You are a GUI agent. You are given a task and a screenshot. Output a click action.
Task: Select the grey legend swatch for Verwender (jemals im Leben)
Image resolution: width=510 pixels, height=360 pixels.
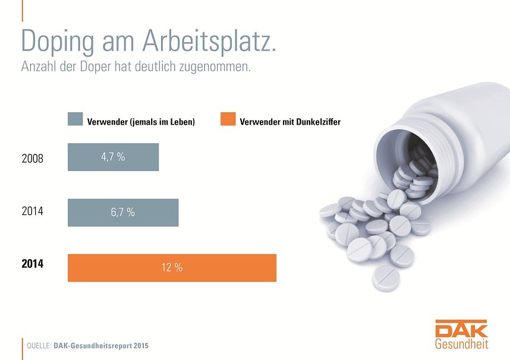(75, 119)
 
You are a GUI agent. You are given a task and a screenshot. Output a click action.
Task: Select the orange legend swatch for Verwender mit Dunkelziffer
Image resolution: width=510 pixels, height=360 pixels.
(228, 119)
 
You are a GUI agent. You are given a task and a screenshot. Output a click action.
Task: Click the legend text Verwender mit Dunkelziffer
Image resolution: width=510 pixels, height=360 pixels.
(290, 122)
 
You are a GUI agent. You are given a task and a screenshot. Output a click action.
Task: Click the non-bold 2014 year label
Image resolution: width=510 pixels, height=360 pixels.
(32, 211)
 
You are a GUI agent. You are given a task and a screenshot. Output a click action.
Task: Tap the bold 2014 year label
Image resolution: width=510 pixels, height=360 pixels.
(32, 264)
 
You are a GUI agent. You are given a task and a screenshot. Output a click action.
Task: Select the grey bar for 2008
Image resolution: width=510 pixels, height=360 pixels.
(113, 157)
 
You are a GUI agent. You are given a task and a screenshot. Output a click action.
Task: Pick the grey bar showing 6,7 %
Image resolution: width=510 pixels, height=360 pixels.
(123, 213)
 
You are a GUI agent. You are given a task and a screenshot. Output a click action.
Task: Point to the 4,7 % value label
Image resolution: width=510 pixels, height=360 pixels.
(112, 157)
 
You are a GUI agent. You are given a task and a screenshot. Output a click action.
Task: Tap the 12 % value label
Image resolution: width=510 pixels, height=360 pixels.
(172, 268)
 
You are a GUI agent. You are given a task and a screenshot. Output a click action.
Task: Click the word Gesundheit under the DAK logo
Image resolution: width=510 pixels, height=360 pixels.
(461, 344)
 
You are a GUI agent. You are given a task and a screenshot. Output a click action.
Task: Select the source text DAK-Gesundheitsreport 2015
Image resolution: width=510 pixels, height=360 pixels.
(101, 345)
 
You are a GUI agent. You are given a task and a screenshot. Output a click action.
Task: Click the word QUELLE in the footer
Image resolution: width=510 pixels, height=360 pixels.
(39, 345)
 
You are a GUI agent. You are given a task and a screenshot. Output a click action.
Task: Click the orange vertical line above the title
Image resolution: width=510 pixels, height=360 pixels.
(22, 10)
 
